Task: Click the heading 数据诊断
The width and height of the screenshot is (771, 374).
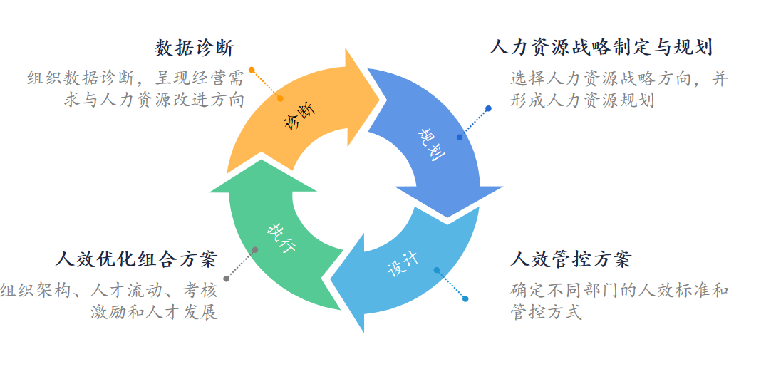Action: (194, 48)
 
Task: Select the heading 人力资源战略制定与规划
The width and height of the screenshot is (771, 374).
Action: (601, 48)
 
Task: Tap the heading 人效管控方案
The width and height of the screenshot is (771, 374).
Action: (571, 259)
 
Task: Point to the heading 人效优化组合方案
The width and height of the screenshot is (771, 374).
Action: (136, 259)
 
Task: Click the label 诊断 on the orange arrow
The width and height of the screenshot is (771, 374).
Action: (299, 115)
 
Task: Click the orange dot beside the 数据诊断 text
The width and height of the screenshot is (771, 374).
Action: (252, 70)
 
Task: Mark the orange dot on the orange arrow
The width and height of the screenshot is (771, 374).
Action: (280, 98)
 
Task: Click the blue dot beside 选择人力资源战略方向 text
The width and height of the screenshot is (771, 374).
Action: (488, 109)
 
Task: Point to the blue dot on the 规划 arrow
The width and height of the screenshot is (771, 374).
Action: (460, 137)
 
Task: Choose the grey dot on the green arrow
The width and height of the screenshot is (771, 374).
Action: (255, 249)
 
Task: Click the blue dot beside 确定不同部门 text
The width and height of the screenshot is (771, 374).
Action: (465, 298)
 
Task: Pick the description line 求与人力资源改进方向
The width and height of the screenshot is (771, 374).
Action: (154, 100)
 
